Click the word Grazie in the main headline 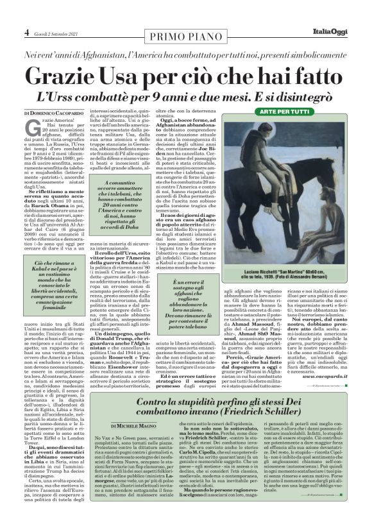click(67, 76)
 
